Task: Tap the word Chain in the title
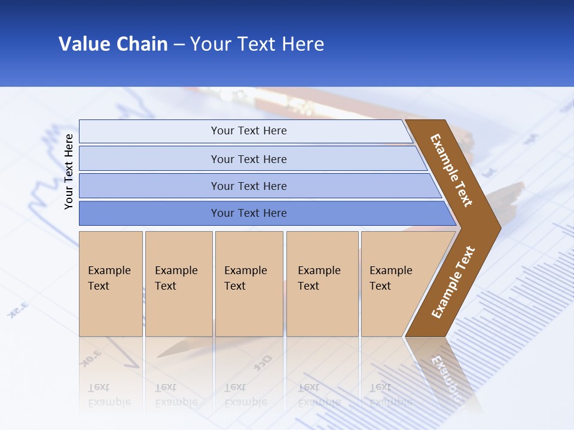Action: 142,44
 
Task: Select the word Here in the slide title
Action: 302,44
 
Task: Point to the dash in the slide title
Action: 179,45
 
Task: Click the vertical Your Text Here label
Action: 69,171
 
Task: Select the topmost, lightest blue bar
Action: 248,131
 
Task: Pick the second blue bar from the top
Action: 248,159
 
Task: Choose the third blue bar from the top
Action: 248,186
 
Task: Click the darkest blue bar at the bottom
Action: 248,213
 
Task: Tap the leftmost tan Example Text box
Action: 111,284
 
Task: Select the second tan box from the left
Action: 179,284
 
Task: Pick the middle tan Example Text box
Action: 249,284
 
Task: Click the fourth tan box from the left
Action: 322,284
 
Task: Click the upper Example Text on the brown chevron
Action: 451,170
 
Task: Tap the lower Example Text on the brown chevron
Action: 453,282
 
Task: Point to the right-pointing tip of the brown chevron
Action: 497,228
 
